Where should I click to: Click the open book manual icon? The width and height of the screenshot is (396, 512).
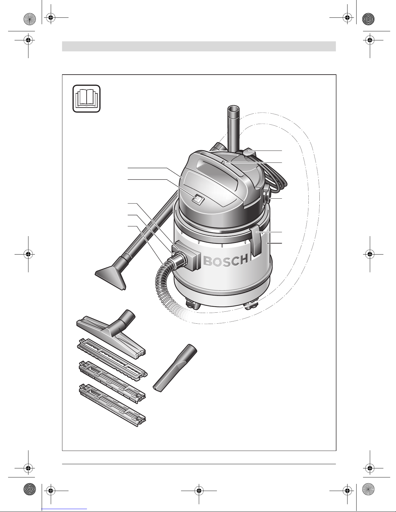[x=87, y=99]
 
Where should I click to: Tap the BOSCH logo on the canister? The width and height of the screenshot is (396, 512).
[x=226, y=261]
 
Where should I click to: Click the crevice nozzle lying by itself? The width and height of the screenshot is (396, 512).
[x=175, y=368]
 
